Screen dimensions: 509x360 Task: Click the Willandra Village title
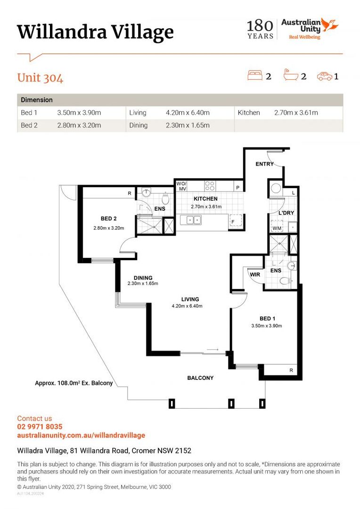(95, 33)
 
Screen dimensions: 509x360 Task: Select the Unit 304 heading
(40, 78)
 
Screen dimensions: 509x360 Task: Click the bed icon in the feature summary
(254, 75)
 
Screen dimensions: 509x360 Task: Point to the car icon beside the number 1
(324, 75)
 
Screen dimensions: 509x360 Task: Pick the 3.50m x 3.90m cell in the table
(79, 113)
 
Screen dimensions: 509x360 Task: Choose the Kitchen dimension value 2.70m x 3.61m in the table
(296, 113)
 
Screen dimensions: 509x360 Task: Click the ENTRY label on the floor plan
(264, 164)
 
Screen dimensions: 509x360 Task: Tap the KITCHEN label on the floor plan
(205, 199)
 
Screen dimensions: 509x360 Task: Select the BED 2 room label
(108, 219)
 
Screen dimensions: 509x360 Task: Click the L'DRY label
(286, 213)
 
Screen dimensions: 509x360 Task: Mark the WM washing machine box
(277, 228)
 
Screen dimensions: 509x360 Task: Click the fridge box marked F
(233, 222)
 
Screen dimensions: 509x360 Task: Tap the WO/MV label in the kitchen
(181, 186)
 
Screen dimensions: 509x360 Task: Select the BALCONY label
(200, 378)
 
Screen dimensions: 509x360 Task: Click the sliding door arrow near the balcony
(213, 350)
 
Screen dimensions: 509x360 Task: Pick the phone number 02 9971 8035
(40, 427)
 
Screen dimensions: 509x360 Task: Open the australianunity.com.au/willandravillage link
(81, 435)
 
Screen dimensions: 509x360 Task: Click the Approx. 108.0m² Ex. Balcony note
(74, 383)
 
